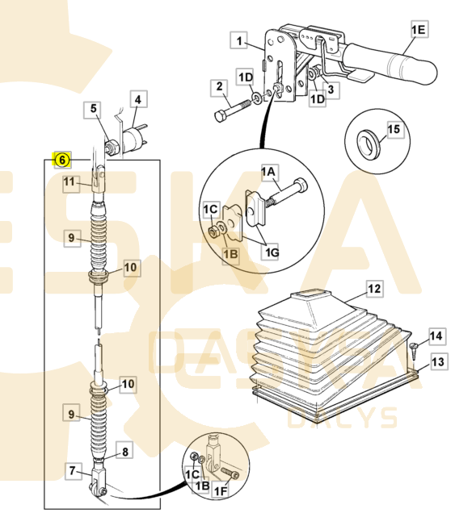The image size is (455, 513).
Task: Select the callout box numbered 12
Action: point(373,288)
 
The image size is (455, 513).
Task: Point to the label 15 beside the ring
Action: point(394,129)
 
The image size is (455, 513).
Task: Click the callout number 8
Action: point(124,453)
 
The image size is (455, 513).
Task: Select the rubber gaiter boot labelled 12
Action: point(323,355)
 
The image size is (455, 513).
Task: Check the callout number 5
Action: point(94,108)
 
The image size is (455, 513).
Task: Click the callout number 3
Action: point(330,90)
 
